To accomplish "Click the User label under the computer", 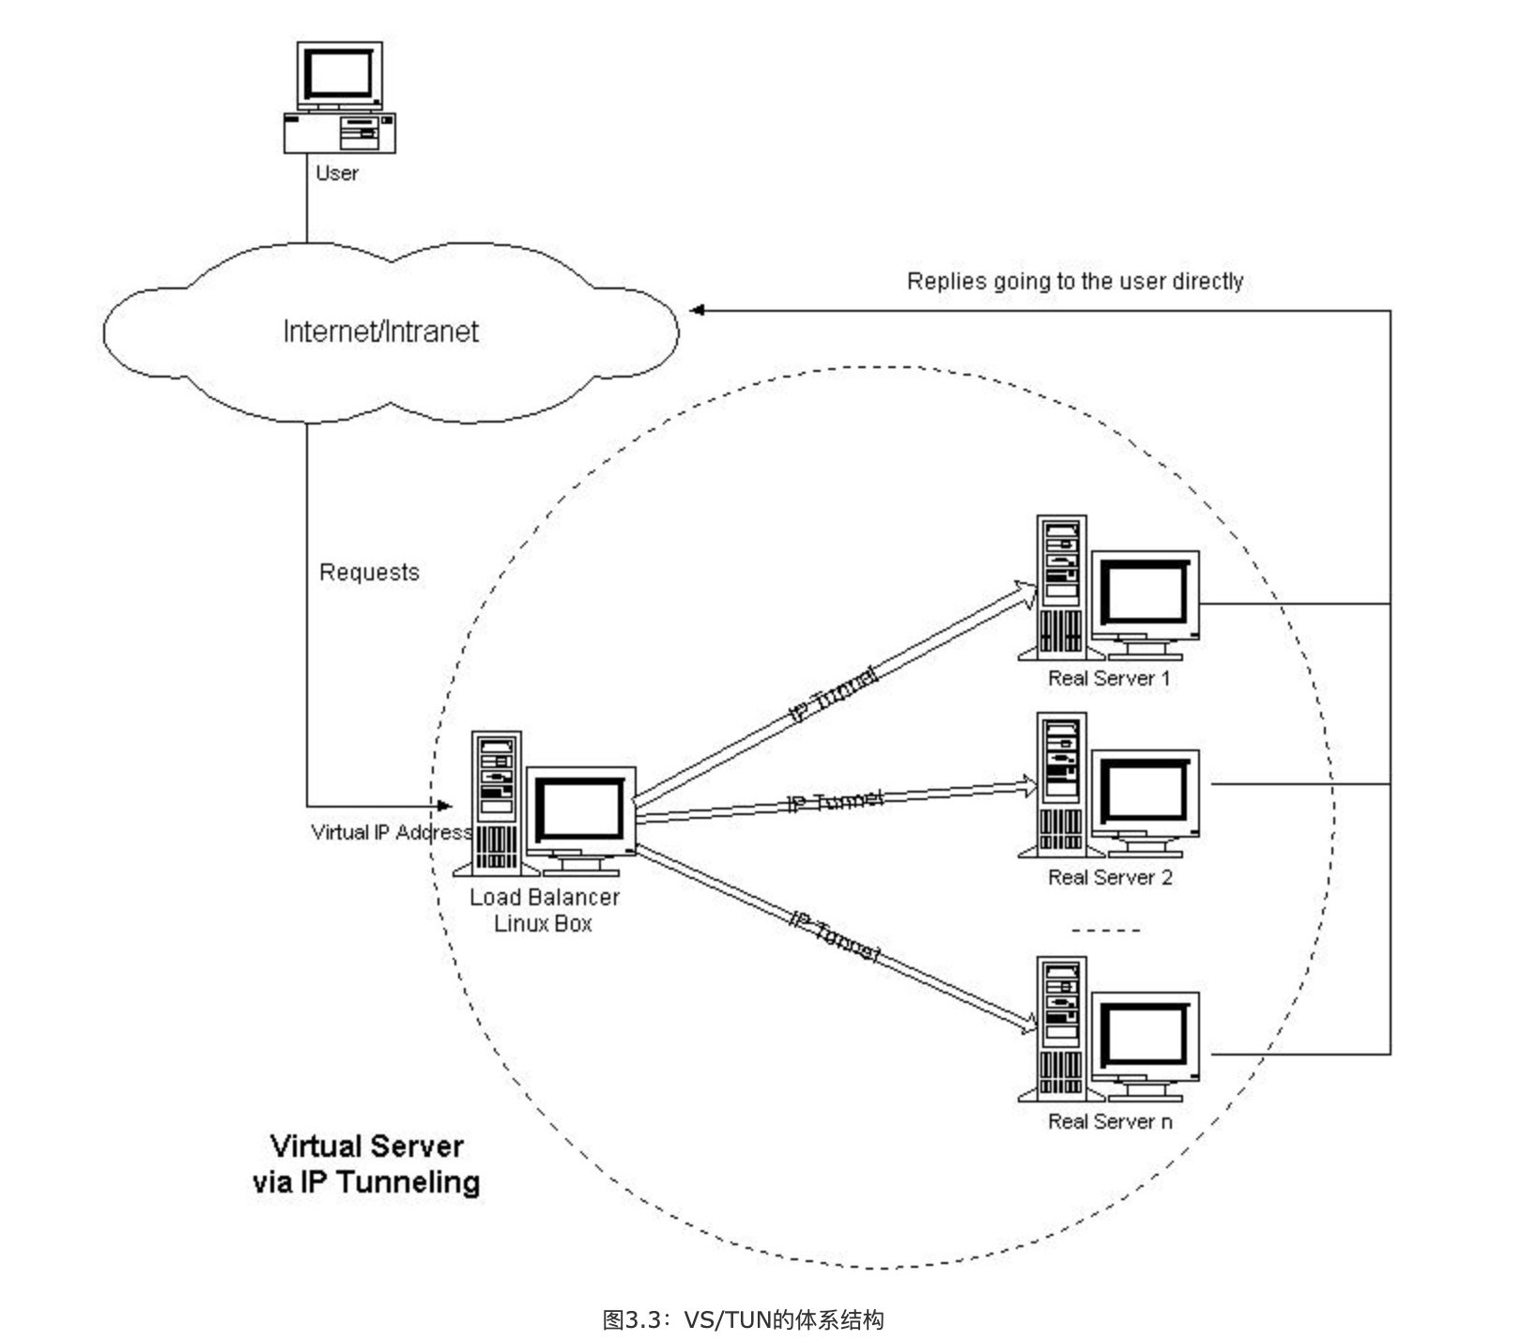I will [x=337, y=173].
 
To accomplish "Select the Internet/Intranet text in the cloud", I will [x=380, y=331].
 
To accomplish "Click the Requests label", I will [x=369, y=572].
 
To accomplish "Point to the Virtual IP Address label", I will [x=391, y=832].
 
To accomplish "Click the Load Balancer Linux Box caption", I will [x=544, y=910].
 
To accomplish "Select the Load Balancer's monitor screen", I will [x=580, y=809].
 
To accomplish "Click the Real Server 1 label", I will [x=1109, y=678].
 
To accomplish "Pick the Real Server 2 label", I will [x=1110, y=877].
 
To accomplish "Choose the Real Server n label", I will [x=1110, y=1121].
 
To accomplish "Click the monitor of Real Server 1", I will [x=1145, y=594].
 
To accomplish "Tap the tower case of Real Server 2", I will [x=1062, y=784].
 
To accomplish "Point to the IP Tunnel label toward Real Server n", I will [x=836, y=936].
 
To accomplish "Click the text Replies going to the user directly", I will [x=1074, y=281].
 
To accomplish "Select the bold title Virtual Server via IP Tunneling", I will [x=366, y=1164].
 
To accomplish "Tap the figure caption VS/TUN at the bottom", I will [x=743, y=1319].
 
